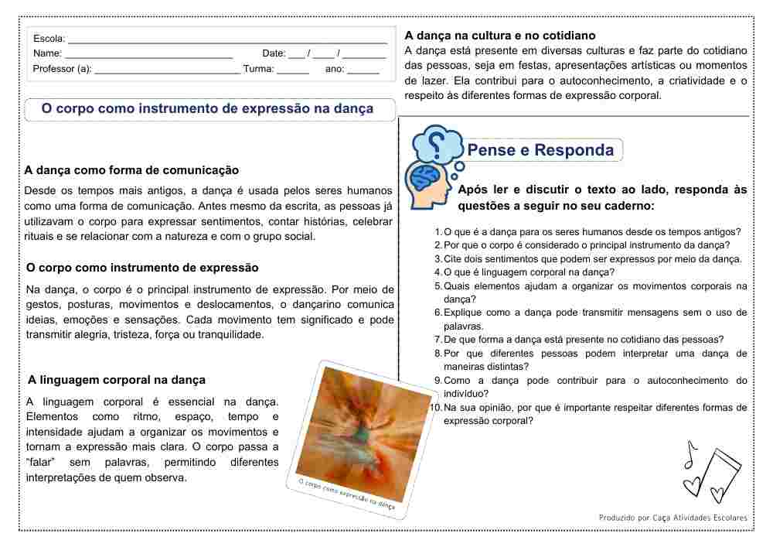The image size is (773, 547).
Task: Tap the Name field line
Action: pos(148,56)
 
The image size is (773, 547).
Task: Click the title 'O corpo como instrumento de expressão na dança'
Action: pos(207,109)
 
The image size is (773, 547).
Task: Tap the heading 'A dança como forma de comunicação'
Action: pos(131,170)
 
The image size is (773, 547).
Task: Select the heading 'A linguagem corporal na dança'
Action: pos(117,380)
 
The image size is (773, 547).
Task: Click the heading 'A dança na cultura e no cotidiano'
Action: pos(500,36)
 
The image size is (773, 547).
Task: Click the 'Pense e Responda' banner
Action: pos(541,150)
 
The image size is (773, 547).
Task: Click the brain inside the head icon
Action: pos(424,179)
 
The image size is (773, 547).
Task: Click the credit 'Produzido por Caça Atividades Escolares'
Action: pos(673,518)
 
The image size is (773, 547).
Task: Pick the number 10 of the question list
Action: pos(436,408)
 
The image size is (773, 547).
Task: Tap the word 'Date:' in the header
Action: pos(274,54)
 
